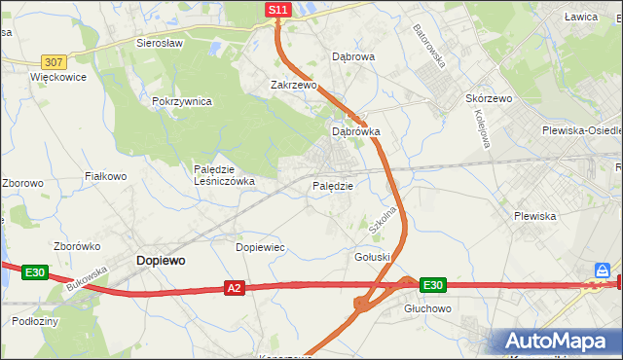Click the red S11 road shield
pyautogui.click(x=278, y=10)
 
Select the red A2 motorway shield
pyautogui.click(x=234, y=288)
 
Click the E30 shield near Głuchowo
pyautogui.click(x=433, y=285)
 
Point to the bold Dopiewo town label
pyautogui.click(x=162, y=261)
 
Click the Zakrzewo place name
pyautogui.click(x=294, y=85)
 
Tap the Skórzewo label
pyautogui.click(x=489, y=99)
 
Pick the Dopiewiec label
pyautogui.click(x=261, y=247)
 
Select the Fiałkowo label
pyautogui.click(x=106, y=176)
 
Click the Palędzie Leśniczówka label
pyautogui.click(x=224, y=174)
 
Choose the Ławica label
pyautogui.click(x=581, y=17)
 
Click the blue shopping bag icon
pyautogui.click(x=604, y=270)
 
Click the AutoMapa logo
pyautogui.click(x=556, y=341)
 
